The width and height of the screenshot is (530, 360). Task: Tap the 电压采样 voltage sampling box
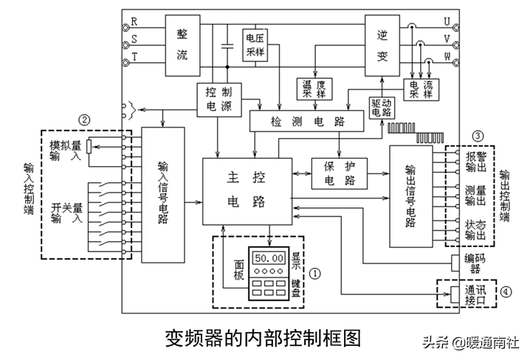click(256, 46)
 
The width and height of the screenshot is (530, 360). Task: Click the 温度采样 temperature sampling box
click(314, 89)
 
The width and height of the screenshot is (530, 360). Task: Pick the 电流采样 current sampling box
click(423, 89)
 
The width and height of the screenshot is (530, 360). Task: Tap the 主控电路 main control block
click(247, 190)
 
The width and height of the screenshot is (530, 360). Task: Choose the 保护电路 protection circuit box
click(338, 172)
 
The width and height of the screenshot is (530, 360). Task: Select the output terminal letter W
click(467, 56)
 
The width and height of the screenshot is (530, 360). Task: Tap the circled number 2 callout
click(86, 119)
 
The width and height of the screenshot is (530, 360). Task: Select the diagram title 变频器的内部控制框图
click(263, 338)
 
